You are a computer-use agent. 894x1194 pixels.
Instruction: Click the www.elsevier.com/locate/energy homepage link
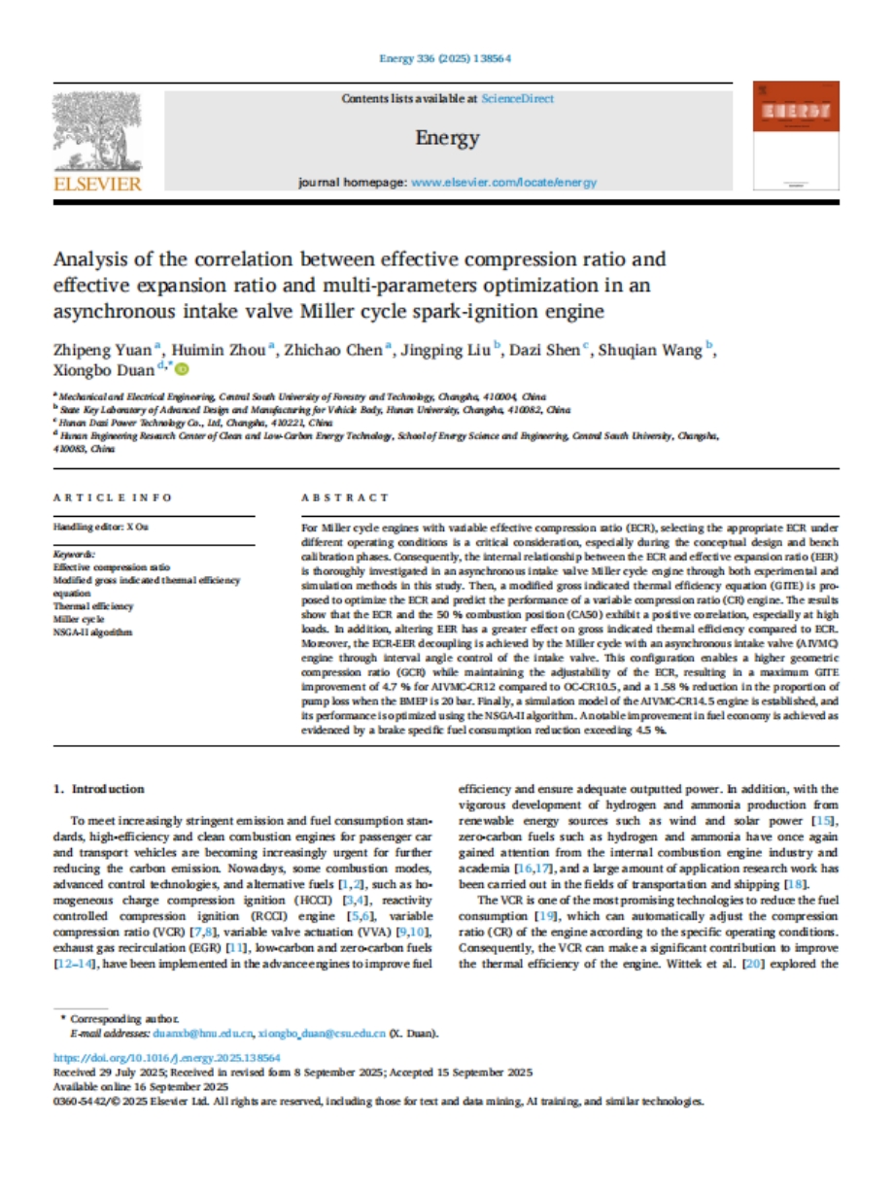click(491, 182)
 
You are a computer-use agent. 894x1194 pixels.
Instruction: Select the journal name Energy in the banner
click(447, 138)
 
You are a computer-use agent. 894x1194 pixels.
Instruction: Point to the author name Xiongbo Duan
click(107, 369)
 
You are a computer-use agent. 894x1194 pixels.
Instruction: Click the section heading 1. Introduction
click(99, 789)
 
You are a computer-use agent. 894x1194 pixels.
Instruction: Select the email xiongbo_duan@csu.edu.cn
click(323, 1032)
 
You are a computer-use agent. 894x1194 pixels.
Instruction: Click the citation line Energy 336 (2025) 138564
click(446, 58)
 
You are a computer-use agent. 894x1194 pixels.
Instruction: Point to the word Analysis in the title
click(92, 259)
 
